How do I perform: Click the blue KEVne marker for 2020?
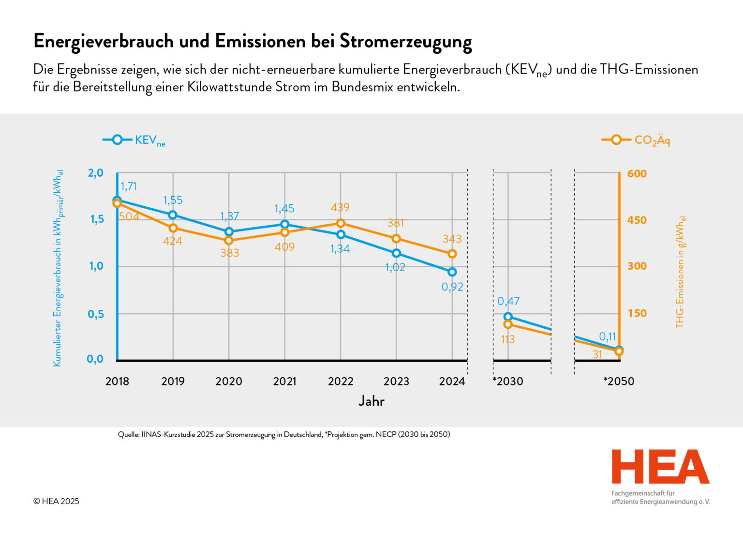click(x=229, y=231)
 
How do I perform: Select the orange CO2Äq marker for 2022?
click(x=341, y=223)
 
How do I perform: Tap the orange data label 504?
click(x=129, y=216)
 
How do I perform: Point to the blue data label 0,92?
click(x=452, y=287)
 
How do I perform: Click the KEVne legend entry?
click(x=134, y=140)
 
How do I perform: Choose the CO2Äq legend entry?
click(x=636, y=140)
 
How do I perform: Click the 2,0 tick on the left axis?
click(x=95, y=173)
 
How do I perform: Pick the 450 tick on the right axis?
click(x=637, y=220)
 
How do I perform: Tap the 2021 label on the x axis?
click(x=284, y=382)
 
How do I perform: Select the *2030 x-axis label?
click(x=508, y=382)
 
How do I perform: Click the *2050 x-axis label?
click(x=619, y=382)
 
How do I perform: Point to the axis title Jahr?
click(x=371, y=401)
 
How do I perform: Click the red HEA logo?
click(x=660, y=467)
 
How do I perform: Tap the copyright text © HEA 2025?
click(x=56, y=501)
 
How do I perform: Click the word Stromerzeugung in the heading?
click(x=405, y=42)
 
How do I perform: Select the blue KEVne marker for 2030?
click(x=508, y=317)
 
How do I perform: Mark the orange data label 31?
click(x=597, y=354)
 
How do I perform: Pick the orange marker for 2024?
click(x=452, y=254)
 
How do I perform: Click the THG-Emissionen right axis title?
click(x=680, y=272)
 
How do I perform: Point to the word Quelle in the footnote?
click(x=128, y=434)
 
